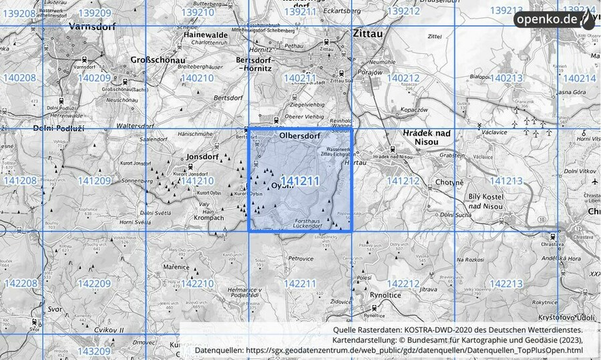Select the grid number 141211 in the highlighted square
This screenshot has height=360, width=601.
click(300, 180)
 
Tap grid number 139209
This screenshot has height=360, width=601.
click(95, 13)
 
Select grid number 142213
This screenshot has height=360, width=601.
click(506, 284)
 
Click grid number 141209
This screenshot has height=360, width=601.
click(94, 180)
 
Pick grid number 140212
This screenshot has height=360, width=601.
click(403, 78)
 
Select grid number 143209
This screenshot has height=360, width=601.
click(94, 350)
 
